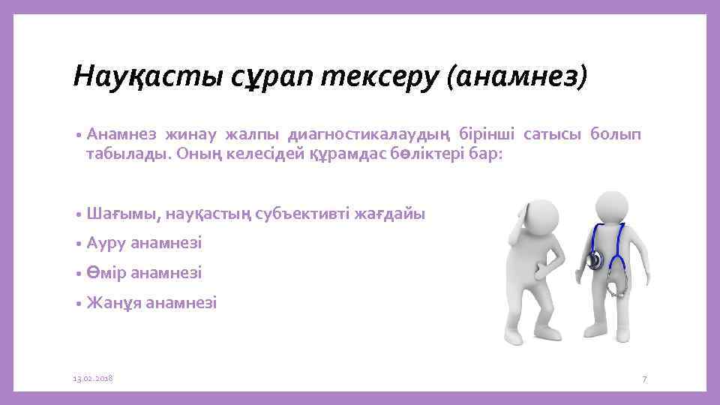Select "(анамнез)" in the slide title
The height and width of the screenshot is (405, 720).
pyautogui.click(x=517, y=76)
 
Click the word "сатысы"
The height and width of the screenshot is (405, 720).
pyautogui.click(x=541, y=134)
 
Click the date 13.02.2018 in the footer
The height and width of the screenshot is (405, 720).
pyautogui.click(x=92, y=379)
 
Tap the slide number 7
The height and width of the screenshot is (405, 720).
pyautogui.click(x=643, y=380)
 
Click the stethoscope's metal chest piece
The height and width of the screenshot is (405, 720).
pyautogui.click(x=595, y=261)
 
